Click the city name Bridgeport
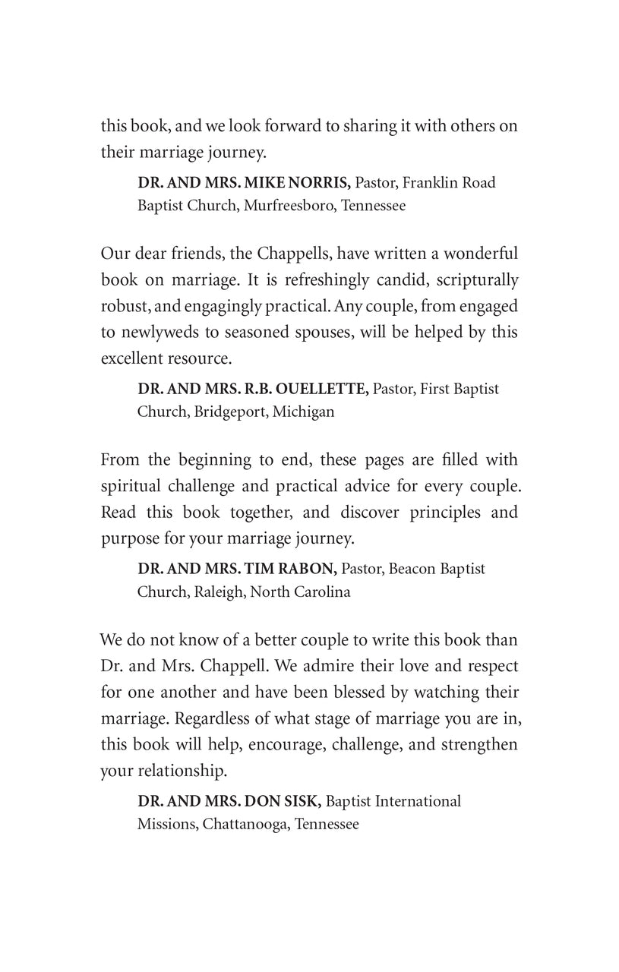[x=229, y=412]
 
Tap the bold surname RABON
[x=304, y=569]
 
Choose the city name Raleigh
[x=216, y=592]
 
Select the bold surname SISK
[x=302, y=801]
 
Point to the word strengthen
[x=480, y=744]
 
